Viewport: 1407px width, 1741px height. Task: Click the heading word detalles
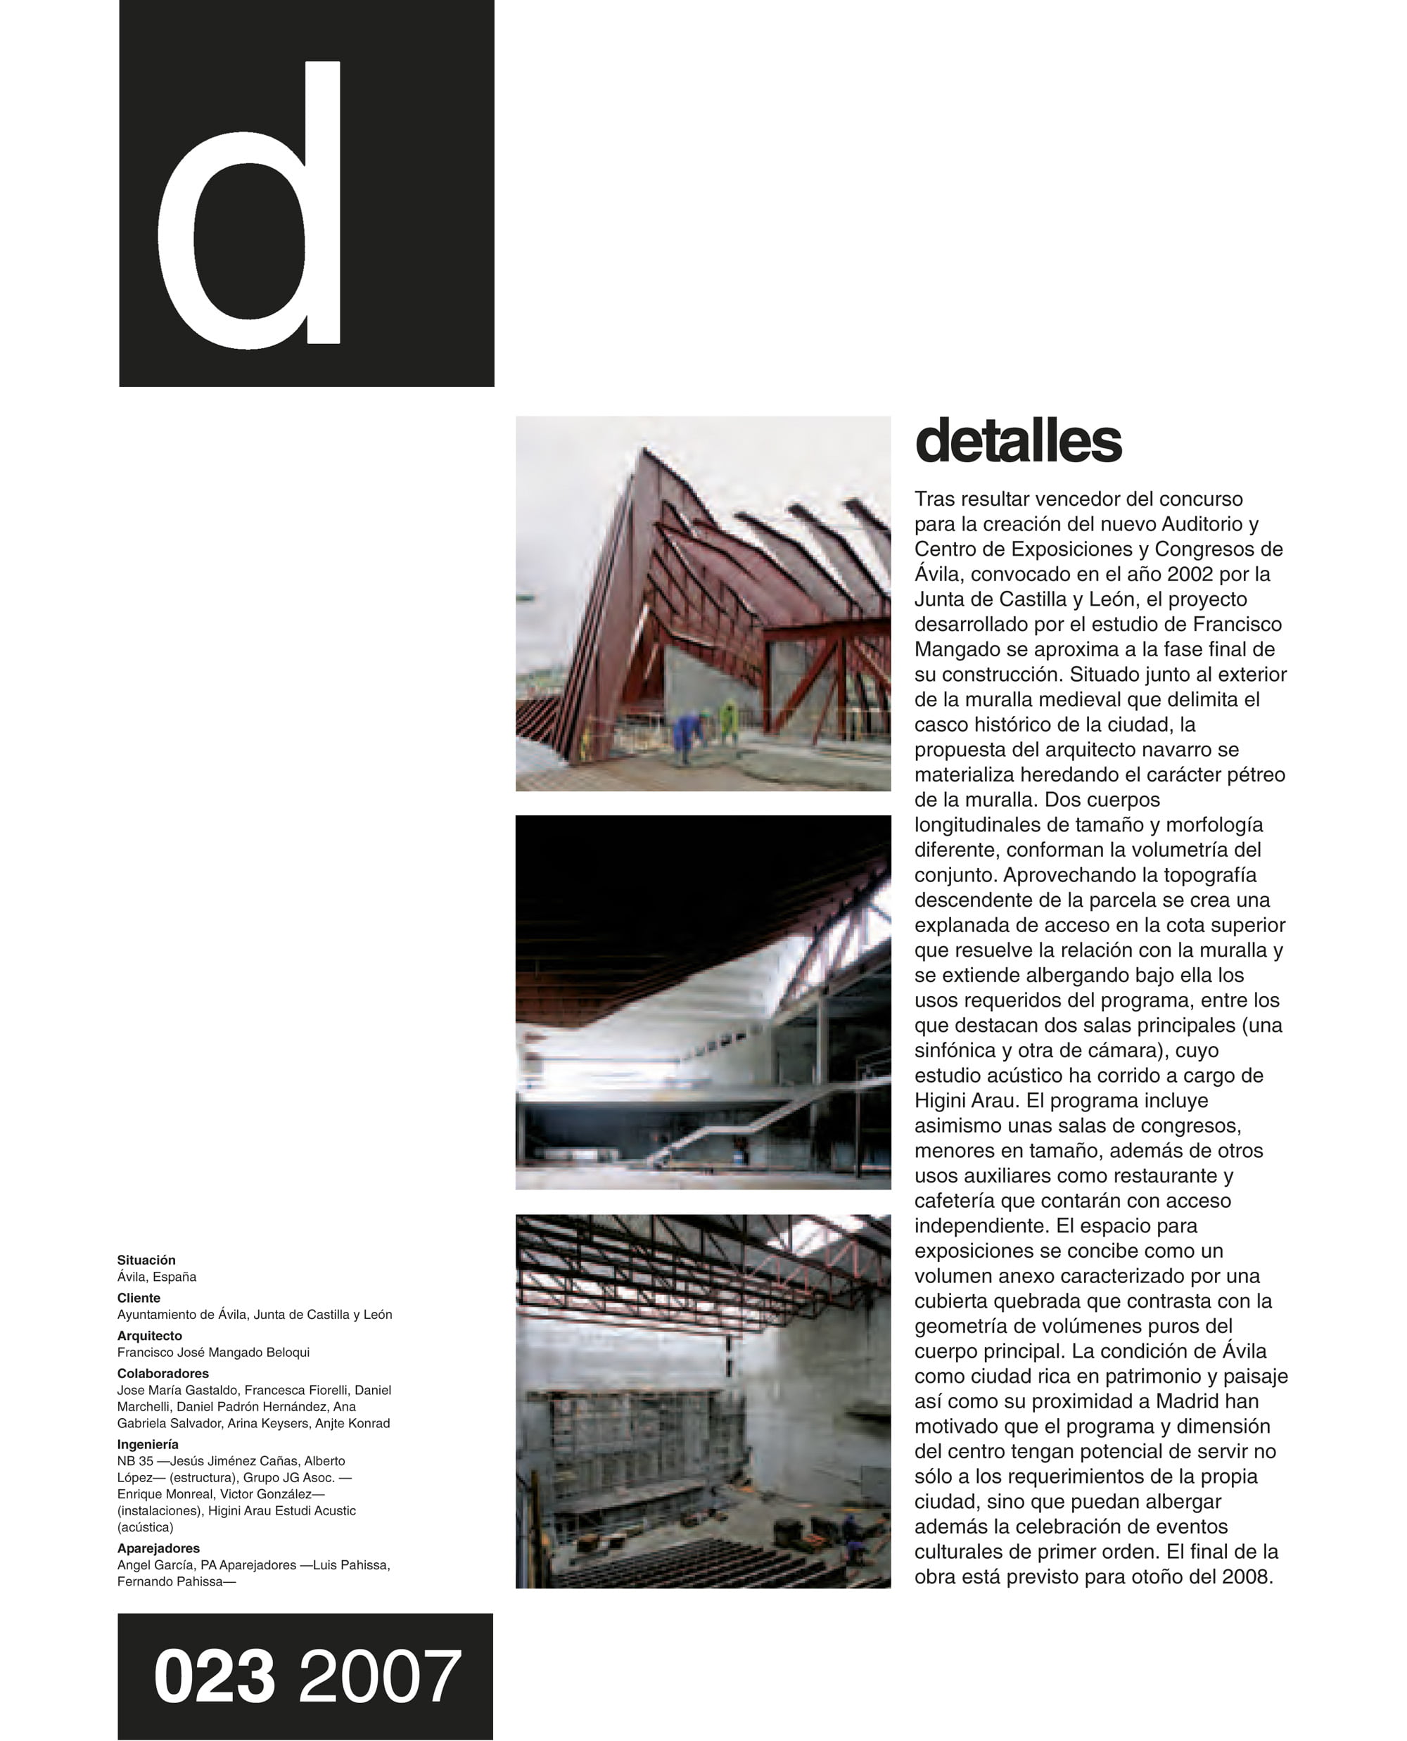[x=1018, y=441]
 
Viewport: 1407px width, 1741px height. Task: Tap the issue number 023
[x=214, y=1676]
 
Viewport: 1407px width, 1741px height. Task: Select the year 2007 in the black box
[x=379, y=1676]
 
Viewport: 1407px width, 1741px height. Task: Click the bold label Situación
[x=146, y=1260]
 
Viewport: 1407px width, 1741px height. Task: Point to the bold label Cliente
[x=139, y=1298]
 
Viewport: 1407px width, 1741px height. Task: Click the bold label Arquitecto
[x=149, y=1335]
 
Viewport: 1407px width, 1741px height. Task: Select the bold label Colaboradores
[x=163, y=1373]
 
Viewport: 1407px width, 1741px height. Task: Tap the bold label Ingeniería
[x=148, y=1443]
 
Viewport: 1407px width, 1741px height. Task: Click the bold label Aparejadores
[x=158, y=1548]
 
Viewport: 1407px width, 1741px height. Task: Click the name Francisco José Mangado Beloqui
[x=213, y=1352]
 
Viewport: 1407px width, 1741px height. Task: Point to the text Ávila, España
[x=156, y=1277]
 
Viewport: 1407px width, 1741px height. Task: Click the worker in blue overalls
[x=689, y=733]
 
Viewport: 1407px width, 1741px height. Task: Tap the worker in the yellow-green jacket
[x=730, y=721]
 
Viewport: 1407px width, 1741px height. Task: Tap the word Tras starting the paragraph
[x=935, y=499]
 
